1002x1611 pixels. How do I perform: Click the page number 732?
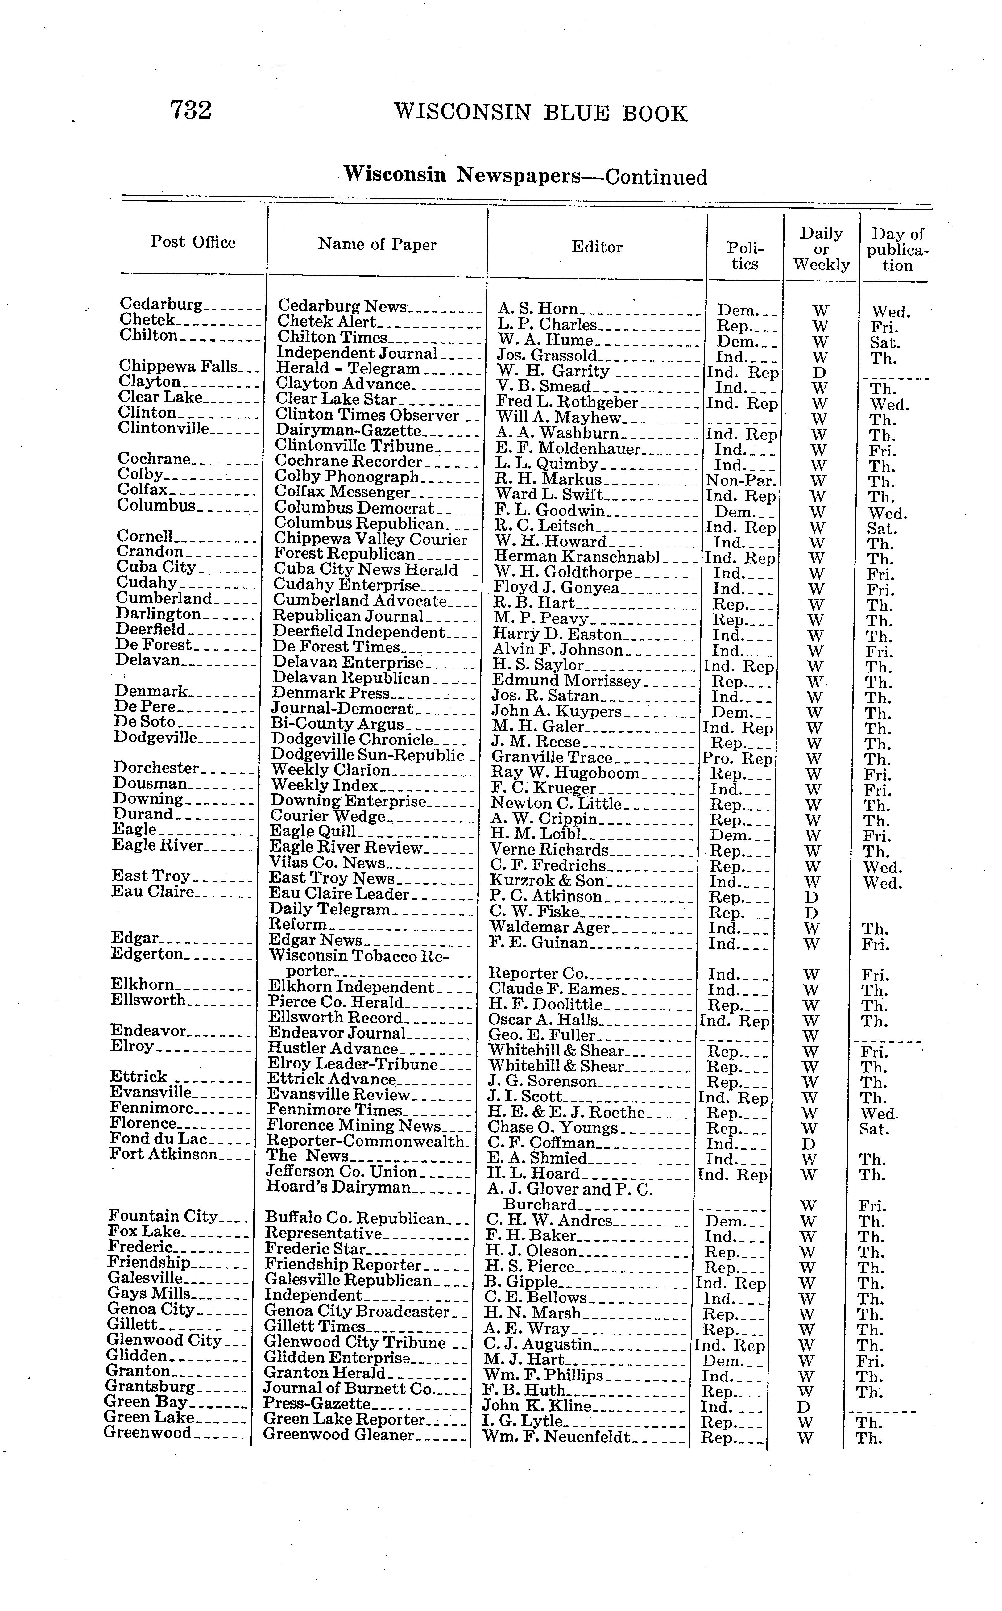pyautogui.click(x=191, y=110)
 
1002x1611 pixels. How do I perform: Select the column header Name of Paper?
pyautogui.click(x=377, y=245)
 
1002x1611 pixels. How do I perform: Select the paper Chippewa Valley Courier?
pyautogui.click(x=371, y=539)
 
